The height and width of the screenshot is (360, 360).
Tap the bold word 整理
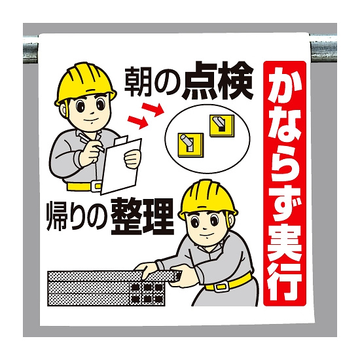click(142, 217)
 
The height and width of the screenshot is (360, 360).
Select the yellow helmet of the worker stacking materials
click(207, 199)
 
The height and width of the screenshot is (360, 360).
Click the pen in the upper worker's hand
click(92, 142)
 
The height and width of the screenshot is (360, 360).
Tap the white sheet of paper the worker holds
click(121, 166)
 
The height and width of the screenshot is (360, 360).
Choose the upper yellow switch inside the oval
click(222, 126)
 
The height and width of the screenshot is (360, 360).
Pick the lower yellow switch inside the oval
click(190, 145)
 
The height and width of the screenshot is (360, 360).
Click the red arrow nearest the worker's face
click(137, 121)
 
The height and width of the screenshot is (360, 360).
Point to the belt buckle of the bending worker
click(221, 287)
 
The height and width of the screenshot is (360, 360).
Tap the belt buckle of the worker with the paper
click(96, 187)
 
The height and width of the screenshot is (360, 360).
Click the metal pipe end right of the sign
click(323, 48)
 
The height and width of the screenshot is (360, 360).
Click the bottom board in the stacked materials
click(106, 300)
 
